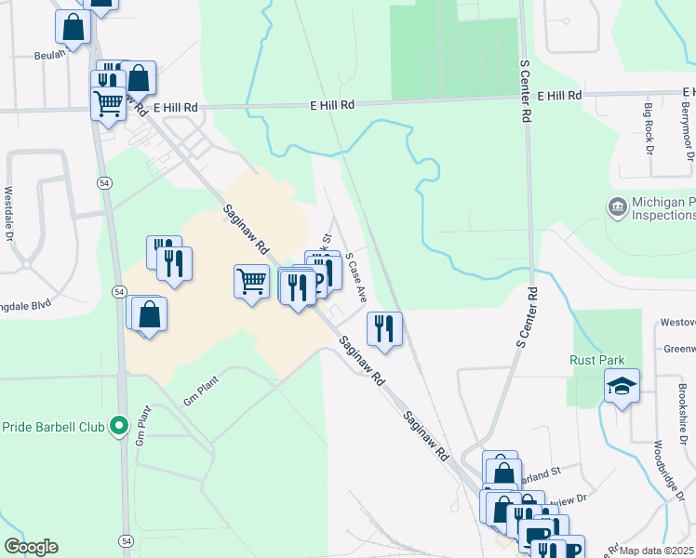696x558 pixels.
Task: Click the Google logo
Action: coord(31,547)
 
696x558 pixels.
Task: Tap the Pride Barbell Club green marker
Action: coord(118,427)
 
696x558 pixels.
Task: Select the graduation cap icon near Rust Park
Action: coord(622,385)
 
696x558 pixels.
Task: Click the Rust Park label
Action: coord(597,360)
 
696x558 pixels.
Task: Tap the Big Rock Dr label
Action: coord(649,129)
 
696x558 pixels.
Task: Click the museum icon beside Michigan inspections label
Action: coord(617,206)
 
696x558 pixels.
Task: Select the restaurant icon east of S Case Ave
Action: coord(383,327)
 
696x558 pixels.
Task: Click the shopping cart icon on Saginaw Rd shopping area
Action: coord(252,280)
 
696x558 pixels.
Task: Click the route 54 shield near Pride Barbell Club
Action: coord(119,291)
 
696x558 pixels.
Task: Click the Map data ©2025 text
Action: coord(656,551)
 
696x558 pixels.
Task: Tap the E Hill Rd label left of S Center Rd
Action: coord(333,107)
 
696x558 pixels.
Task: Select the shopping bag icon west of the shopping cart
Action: coord(148,313)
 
